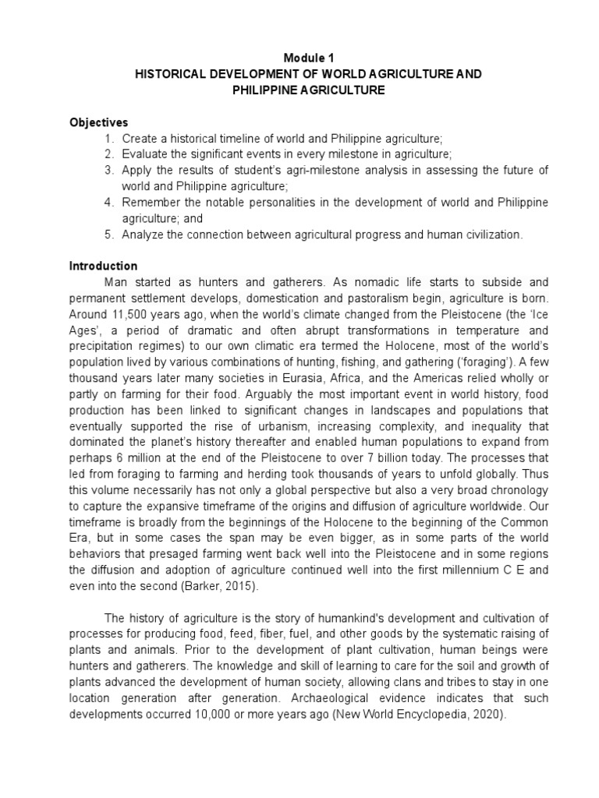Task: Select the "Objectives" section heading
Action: [x=98, y=122]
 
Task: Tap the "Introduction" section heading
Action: [x=103, y=266]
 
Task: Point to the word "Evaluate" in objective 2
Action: [x=146, y=154]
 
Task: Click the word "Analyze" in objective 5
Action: [x=143, y=235]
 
